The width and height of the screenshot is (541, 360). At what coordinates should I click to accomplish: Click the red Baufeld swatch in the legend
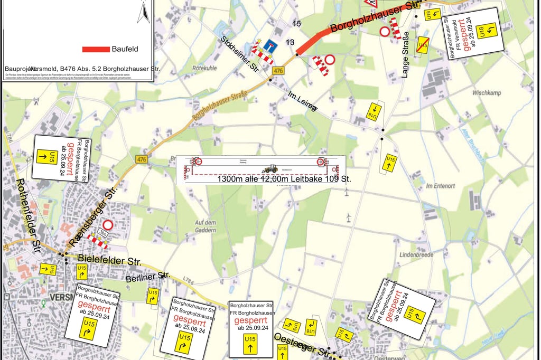click(96, 49)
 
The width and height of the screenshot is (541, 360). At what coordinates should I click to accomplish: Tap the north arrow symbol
click(143, 12)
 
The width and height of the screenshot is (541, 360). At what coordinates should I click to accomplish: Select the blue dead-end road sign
click(271, 46)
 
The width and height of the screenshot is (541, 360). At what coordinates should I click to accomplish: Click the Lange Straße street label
click(405, 55)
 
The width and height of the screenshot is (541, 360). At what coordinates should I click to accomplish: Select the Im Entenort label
click(436, 186)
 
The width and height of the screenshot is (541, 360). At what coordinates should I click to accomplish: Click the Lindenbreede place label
click(417, 255)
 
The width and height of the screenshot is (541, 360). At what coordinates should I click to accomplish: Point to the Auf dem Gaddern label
click(205, 226)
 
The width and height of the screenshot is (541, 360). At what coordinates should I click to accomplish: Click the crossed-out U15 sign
click(423, 44)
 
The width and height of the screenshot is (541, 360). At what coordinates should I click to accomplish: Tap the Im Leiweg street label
click(303, 102)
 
